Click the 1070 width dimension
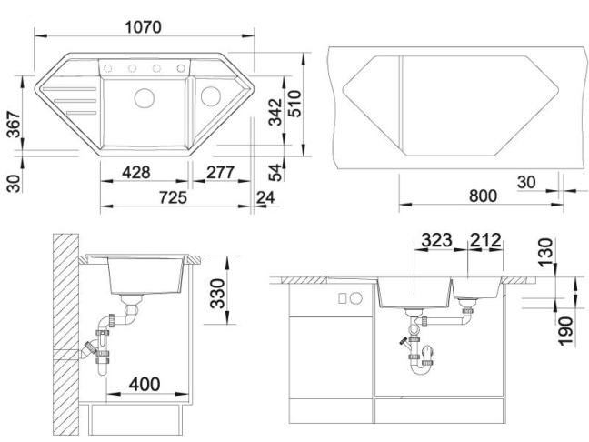[x=143, y=27]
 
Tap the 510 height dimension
[x=294, y=104]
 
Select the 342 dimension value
[x=275, y=112]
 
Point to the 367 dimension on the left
[x=14, y=124]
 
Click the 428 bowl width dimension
[x=136, y=173]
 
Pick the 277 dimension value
[x=221, y=173]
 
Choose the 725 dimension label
[x=173, y=197]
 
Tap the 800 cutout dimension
[x=483, y=196]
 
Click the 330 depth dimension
[x=217, y=294]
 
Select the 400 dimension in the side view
[x=145, y=384]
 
